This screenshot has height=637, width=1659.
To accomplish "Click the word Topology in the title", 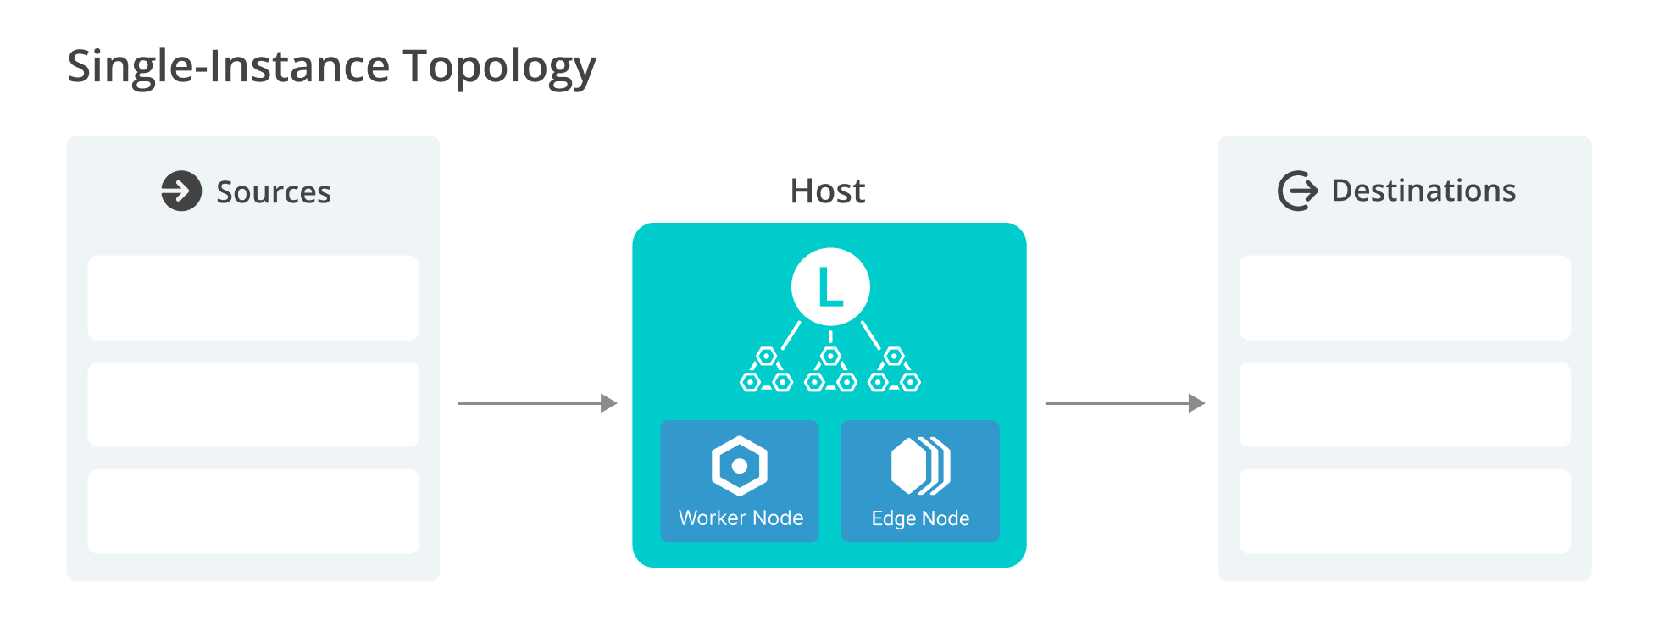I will point(499,66).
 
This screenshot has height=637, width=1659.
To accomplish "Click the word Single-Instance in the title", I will point(229,66).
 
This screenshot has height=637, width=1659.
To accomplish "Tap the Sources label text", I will point(273,192).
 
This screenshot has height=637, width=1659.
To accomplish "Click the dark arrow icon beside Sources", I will point(181,191).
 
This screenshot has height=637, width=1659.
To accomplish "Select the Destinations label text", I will point(1423,191).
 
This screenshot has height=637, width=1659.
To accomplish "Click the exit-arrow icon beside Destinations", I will point(1297,191).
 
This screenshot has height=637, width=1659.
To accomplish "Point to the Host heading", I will point(828,191).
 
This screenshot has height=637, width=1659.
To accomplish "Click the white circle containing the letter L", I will point(830,287).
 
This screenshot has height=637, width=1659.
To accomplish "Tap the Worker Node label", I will point(741,518).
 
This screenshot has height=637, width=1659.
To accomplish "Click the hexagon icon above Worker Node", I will point(740,465).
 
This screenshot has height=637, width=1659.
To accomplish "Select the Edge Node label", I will point(920,518).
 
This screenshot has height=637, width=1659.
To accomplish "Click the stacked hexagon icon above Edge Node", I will point(920,465).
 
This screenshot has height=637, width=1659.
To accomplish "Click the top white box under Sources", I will point(253,297).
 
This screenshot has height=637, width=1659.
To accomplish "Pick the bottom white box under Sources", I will point(253,512).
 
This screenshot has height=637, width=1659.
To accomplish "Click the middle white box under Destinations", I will point(1405,405).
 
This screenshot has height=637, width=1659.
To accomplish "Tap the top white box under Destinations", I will point(1405,297).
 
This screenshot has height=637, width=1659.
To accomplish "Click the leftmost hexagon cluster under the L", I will point(766,371).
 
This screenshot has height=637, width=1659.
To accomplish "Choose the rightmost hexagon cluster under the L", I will point(894,371).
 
